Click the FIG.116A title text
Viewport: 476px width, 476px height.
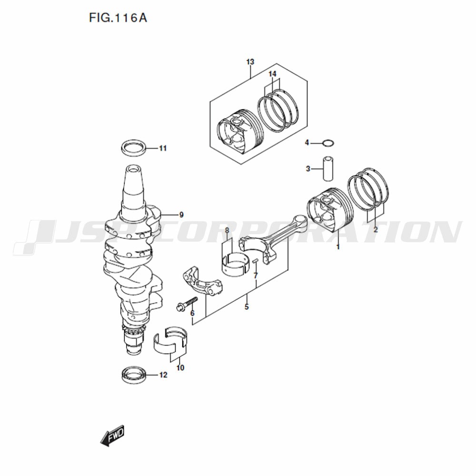coord(118,18)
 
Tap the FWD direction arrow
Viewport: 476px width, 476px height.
coord(112,436)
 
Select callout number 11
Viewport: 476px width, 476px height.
coord(163,149)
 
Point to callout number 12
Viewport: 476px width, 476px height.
coord(163,375)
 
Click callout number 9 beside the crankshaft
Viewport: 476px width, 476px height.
coord(181,215)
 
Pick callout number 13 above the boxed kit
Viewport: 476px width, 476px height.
coord(250,62)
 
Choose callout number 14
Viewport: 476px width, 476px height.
coord(273,74)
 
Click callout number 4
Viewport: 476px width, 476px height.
coord(307,142)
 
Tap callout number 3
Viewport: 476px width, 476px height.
coord(308,169)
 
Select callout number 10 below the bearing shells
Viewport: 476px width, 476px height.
coord(180,368)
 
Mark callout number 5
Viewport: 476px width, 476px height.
coord(247,307)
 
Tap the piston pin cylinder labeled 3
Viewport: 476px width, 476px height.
coord(328,169)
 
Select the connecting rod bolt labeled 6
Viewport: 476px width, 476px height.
coord(187,303)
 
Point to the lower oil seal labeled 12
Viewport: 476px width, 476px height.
coord(134,375)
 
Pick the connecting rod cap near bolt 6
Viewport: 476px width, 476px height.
coord(202,281)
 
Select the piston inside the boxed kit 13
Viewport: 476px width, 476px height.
coord(239,130)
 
